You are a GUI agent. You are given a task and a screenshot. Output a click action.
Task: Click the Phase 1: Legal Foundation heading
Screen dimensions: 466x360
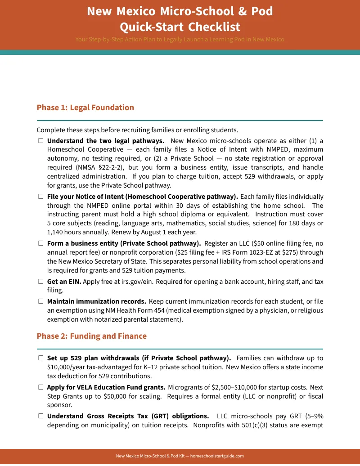pyautogui.click(x=85, y=108)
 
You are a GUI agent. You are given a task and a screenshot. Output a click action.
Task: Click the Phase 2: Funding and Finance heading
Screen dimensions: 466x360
pyautogui.click(x=91, y=336)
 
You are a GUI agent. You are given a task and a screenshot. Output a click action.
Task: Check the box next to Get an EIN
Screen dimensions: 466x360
pyautogui.click(x=41, y=282)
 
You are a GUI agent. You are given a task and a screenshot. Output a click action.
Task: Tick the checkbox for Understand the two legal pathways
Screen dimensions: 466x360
pyautogui.click(x=41, y=141)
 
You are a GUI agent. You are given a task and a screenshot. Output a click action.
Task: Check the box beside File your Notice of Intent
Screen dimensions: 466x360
pyautogui.click(x=41, y=197)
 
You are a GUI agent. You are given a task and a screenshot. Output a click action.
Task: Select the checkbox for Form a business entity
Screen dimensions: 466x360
pyautogui.click(x=41, y=243)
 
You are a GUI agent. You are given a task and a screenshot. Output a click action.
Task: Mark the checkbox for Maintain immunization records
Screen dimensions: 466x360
pyautogui.click(x=41, y=301)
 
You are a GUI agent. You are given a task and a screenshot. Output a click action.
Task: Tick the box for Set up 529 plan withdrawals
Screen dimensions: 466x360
pyautogui.click(x=41, y=358)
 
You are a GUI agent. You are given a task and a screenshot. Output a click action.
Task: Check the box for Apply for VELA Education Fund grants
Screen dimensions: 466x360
pyautogui.click(x=41, y=387)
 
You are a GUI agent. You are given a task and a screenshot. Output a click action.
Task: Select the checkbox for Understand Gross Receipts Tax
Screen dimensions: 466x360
pyautogui.click(x=41, y=416)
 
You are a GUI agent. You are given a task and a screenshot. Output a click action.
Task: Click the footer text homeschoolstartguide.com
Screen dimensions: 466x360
pyautogui.click(x=217, y=456)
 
